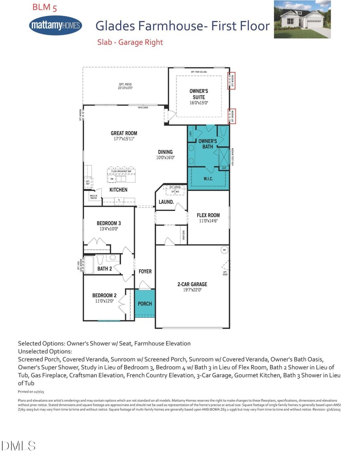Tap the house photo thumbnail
(x=302, y=19)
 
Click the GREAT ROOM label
(x=124, y=133)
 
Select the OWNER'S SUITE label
(x=198, y=94)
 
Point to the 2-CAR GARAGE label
(x=192, y=284)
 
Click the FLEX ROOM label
(x=208, y=215)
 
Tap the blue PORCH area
(x=144, y=304)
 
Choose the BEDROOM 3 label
(x=108, y=223)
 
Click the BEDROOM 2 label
(x=104, y=296)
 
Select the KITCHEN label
(x=118, y=190)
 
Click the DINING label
(x=165, y=152)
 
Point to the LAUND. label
(x=166, y=202)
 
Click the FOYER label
(x=145, y=271)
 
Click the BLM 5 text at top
(x=44, y=8)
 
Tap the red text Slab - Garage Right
(x=130, y=42)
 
